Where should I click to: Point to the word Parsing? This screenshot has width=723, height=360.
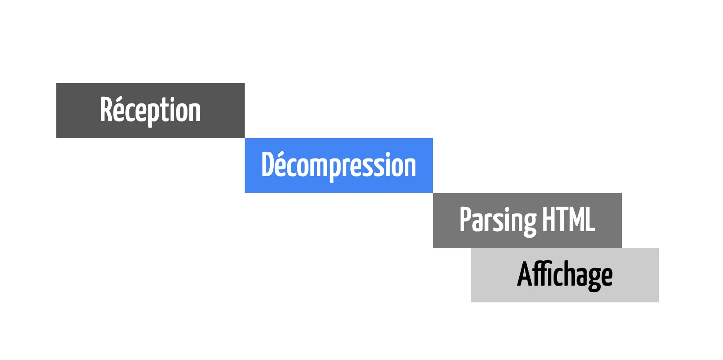(498, 220)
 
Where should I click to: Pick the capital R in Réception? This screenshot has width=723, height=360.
(106, 110)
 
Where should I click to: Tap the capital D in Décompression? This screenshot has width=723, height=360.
(268, 165)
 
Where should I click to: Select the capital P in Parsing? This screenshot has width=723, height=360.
(466, 219)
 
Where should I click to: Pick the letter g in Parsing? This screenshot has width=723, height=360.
(530, 222)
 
